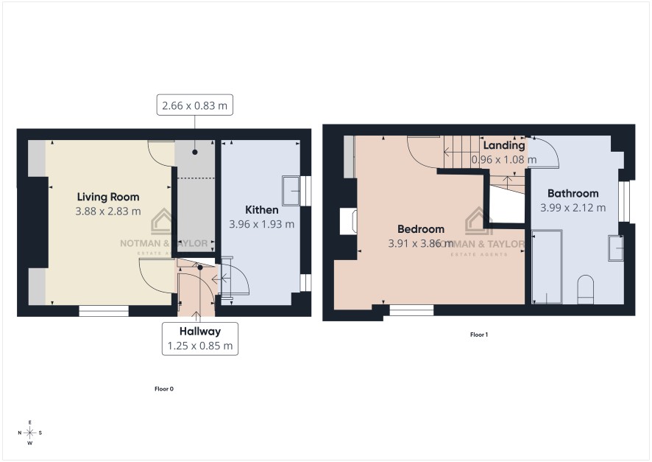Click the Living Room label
point(108,197)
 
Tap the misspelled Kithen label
point(261,210)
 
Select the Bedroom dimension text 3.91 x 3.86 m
point(421,243)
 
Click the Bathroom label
point(573,194)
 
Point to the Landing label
point(504,146)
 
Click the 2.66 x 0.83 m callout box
point(194,105)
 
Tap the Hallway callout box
point(200,339)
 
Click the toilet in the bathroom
point(586,289)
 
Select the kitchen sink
point(292,191)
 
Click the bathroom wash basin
point(616,248)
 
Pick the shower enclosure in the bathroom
point(547,267)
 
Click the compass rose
point(30,433)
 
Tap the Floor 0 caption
point(164,389)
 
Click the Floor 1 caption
point(479,335)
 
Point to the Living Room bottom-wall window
point(104,311)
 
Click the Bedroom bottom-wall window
point(411,310)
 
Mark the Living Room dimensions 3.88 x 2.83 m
point(108,211)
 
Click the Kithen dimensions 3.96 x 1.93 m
point(262,224)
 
